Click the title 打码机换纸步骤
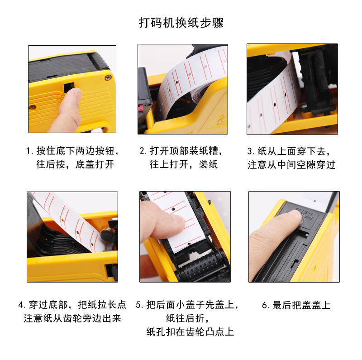(181, 23)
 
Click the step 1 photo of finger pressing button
(72, 89)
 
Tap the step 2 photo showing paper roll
(183, 89)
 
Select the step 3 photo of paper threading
(292, 89)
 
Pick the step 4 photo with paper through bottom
(72, 236)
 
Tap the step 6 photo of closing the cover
(294, 236)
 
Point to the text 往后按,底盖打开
(75, 164)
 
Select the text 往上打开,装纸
(184, 164)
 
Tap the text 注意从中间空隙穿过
(291, 164)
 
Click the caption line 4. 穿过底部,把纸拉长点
(72, 305)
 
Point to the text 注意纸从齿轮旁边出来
(72, 318)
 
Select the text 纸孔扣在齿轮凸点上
(190, 332)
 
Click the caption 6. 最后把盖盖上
(296, 305)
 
